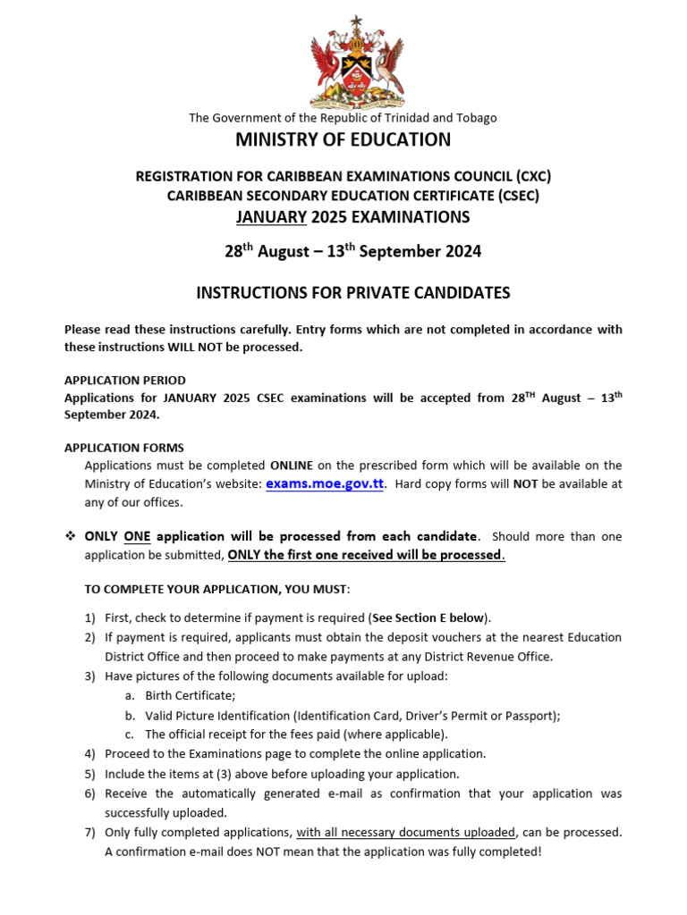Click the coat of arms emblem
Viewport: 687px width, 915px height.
pos(355,61)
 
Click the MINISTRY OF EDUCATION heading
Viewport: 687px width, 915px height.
pos(343,139)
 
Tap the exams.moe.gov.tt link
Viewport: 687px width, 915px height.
pos(324,483)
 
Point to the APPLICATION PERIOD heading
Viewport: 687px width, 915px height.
pos(125,381)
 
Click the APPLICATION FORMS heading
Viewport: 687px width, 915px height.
pos(124,448)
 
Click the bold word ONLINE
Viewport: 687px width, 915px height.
pos(292,466)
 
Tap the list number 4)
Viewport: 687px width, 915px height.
pos(89,754)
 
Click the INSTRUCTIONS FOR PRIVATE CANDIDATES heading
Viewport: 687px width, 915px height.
pos(352,292)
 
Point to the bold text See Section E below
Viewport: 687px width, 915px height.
pos(429,618)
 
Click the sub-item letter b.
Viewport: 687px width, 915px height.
pos(130,715)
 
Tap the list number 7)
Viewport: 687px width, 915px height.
pos(89,832)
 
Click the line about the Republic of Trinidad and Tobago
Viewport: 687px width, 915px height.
pos(343,118)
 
